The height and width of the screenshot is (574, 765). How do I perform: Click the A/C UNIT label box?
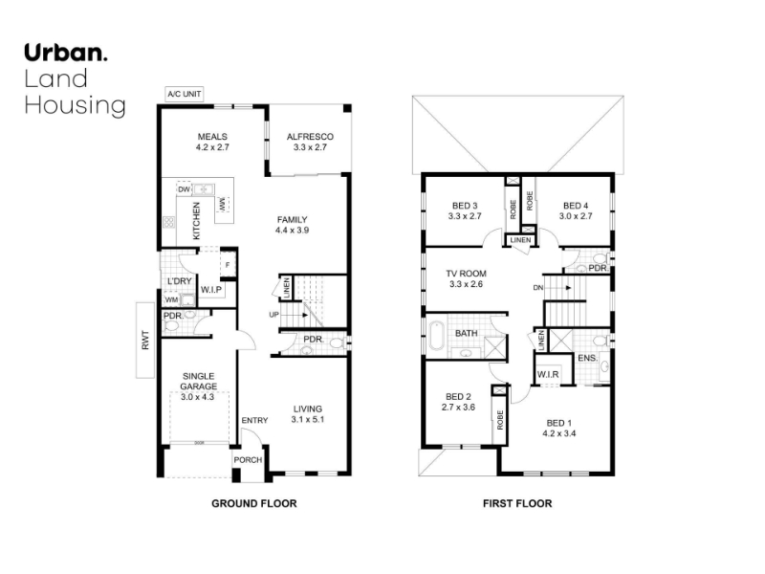tap(185, 94)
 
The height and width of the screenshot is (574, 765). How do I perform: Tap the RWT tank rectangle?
tap(145, 341)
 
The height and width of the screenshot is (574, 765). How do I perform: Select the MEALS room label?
tap(212, 137)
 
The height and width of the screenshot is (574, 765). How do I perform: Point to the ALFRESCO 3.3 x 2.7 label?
tap(310, 142)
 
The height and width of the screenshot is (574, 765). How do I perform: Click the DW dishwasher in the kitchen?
tap(184, 189)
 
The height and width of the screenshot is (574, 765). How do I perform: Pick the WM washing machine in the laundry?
tap(171, 299)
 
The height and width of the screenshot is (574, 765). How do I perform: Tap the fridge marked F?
tap(228, 265)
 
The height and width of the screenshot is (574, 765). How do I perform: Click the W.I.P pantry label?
tap(211, 290)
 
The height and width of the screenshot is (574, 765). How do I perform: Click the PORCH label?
tap(248, 460)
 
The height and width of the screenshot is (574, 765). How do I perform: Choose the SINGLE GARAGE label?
tap(199, 381)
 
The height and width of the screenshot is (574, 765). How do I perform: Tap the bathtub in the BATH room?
tap(436, 335)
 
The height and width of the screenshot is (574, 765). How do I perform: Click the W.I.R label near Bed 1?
tap(548, 375)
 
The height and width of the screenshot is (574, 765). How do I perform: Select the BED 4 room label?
tap(576, 206)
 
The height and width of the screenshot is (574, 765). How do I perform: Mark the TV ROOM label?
tap(466, 274)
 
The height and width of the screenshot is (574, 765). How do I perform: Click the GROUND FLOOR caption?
tap(254, 504)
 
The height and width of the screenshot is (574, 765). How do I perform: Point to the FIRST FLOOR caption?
tap(517, 504)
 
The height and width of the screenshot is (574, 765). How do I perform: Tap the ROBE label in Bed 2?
tap(499, 420)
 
